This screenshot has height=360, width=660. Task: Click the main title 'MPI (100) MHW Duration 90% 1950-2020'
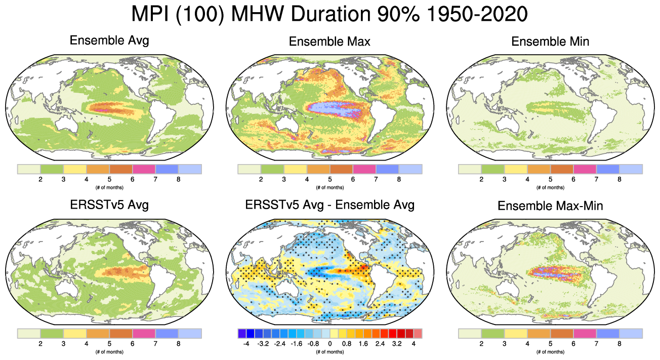(329, 14)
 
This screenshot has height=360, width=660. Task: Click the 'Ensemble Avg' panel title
(109, 41)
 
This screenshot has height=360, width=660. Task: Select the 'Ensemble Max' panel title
(329, 42)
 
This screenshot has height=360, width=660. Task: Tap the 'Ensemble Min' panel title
(550, 42)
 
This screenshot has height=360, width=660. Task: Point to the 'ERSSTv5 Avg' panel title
(109, 205)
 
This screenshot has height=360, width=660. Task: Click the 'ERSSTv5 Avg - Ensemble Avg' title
(329, 205)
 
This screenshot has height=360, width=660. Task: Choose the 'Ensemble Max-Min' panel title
(550, 206)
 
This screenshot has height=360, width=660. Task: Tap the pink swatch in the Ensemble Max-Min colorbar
(585, 333)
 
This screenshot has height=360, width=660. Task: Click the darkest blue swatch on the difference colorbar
(242, 333)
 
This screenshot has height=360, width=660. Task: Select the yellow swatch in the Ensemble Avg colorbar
(75, 169)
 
